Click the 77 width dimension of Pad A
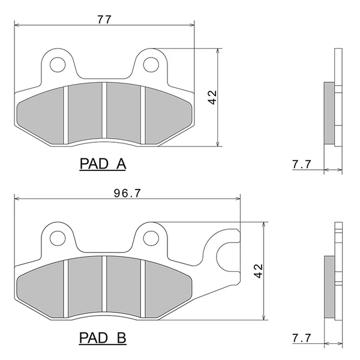tap(104, 20)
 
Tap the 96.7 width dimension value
tap(127, 193)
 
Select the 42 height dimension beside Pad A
tap(212, 97)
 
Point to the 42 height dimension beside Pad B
tap(259, 271)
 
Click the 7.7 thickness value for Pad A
tap(302, 164)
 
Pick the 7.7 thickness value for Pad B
tap(302, 338)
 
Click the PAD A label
tap(103, 164)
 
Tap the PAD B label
tap(103, 338)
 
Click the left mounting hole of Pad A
tap(58, 65)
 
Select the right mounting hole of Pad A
tap(151, 65)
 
